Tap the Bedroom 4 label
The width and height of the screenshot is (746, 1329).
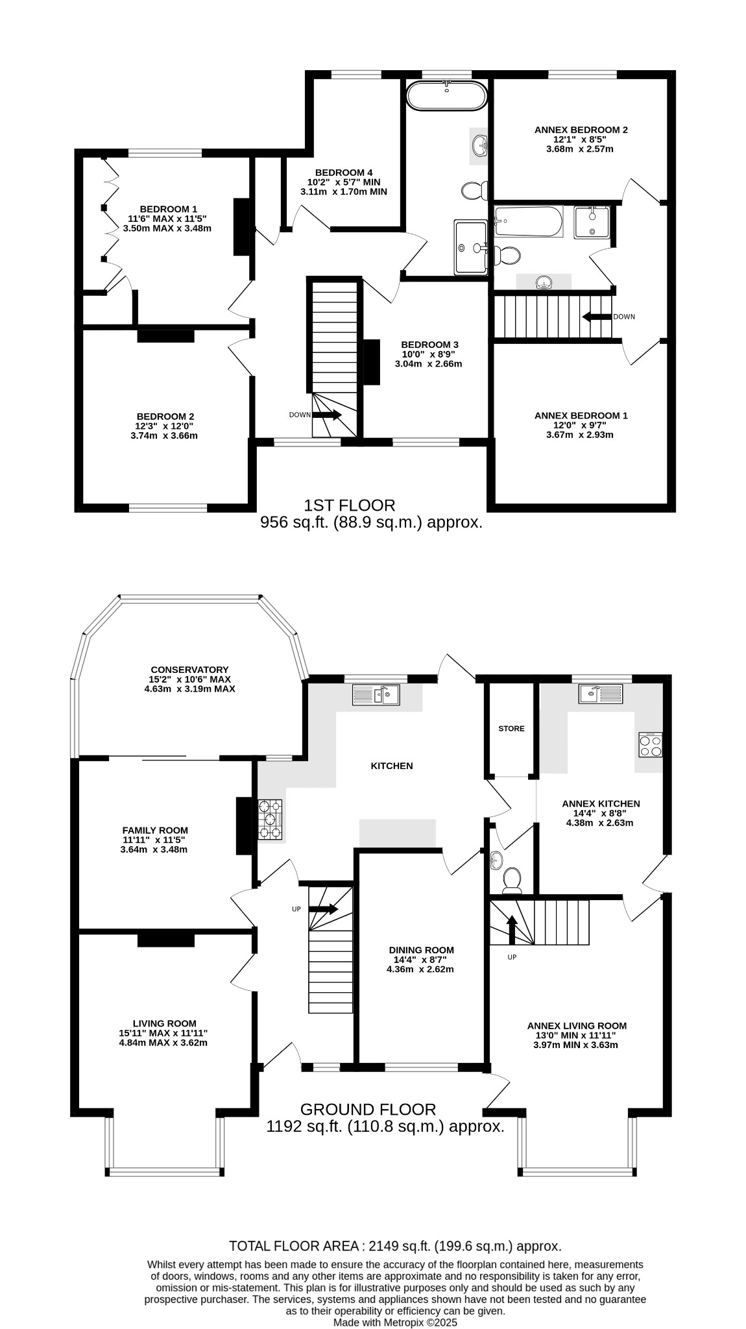click(x=343, y=172)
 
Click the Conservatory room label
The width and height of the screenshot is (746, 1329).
click(x=189, y=670)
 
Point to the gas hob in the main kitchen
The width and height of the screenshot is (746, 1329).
click(x=271, y=820)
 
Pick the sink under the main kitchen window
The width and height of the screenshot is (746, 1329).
click(x=376, y=695)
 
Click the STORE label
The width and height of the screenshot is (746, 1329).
click(x=511, y=729)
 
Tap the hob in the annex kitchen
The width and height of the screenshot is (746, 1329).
click(x=651, y=744)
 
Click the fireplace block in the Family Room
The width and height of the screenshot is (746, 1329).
click(x=243, y=825)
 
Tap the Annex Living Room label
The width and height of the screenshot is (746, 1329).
click(x=577, y=1026)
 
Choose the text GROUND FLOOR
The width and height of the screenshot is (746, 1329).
click(x=368, y=1110)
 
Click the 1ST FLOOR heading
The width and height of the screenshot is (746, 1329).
click(x=349, y=505)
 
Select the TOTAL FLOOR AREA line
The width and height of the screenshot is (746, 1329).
click(x=395, y=1246)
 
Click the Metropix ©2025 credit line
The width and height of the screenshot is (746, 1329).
click(x=395, y=1322)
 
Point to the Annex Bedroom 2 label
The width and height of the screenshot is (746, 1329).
click(x=581, y=130)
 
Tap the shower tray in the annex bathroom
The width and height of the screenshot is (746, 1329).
click(x=591, y=223)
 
